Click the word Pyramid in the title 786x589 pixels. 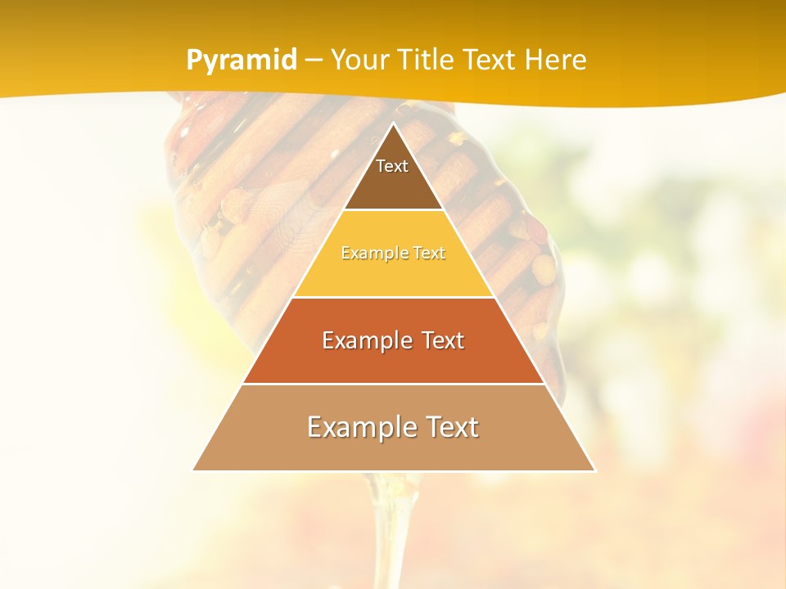coord(241,61)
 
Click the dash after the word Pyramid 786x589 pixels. coord(313,61)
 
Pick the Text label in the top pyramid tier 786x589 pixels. coord(392,166)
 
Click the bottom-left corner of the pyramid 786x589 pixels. coord(193,470)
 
